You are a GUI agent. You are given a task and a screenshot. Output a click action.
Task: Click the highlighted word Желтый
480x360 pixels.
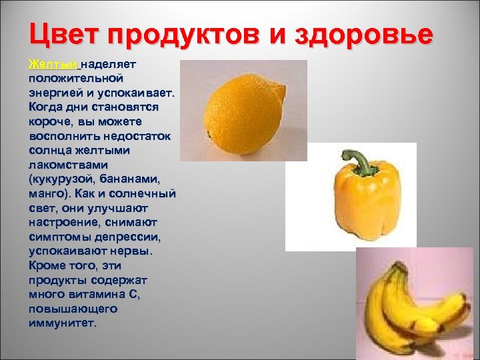point(54,65)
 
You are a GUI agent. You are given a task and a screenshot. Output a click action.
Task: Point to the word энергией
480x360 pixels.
point(57,93)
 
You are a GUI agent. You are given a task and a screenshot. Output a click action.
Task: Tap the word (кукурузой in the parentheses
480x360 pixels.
point(64,179)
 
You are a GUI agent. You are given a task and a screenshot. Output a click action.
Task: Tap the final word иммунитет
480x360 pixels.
point(63,323)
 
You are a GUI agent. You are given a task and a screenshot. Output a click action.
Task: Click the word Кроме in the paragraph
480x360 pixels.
point(49,265)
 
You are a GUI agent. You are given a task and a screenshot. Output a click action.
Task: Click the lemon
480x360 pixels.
point(243,110)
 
